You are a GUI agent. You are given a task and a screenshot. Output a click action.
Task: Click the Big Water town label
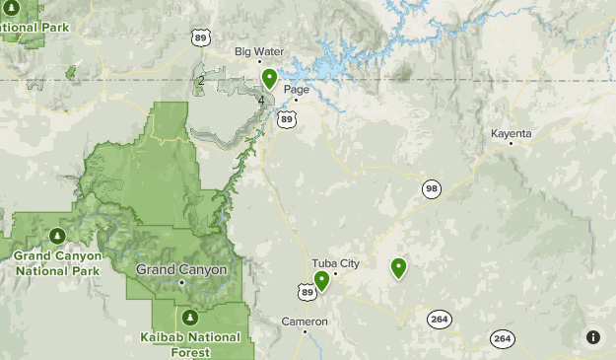click(x=259, y=51)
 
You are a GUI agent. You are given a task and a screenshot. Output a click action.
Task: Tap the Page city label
click(x=297, y=90)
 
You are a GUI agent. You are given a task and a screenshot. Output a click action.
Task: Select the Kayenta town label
click(x=512, y=133)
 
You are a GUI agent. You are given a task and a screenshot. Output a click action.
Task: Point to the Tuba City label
click(x=336, y=263)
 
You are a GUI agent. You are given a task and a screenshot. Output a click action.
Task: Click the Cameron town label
click(x=304, y=321)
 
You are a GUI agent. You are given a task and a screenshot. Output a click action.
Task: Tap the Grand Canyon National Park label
click(x=57, y=262)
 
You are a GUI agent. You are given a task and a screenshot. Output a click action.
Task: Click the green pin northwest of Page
click(x=269, y=78)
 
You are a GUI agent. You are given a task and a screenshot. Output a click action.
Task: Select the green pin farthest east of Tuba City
click(x=398, y=266)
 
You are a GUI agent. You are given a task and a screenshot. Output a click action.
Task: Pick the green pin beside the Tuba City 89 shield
click(x=321, y=281)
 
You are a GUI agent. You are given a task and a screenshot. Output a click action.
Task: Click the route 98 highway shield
click(x=432, y=188)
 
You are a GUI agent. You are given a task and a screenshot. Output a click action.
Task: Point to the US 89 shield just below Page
click(x=287, y=119)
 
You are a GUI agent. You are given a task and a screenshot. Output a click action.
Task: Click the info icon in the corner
click(x=593, y=337)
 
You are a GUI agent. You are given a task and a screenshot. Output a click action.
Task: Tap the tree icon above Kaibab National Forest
click(x=190, y=318)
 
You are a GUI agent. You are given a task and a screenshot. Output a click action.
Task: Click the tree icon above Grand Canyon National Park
click(x=57, y=236)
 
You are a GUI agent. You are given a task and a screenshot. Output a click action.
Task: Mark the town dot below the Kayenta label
click(x=511, y=144)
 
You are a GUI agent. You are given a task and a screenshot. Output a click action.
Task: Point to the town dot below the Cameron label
click(x=305, y=331)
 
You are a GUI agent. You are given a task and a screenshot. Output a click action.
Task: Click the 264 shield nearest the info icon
click(x=503, y=338)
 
